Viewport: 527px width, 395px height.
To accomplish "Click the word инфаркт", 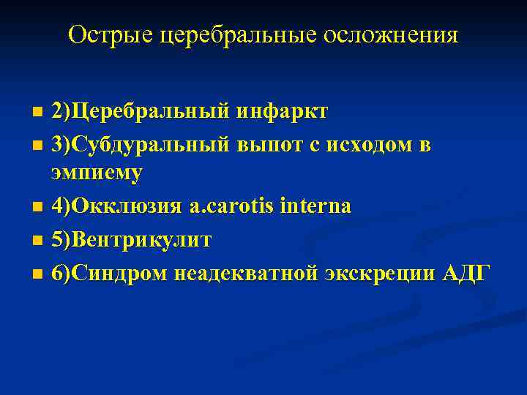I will (x=282, y=112).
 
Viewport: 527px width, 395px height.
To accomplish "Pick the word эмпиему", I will (x=97, y=173).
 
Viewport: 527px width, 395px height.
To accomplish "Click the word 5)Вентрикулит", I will (x=131, y=240).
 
